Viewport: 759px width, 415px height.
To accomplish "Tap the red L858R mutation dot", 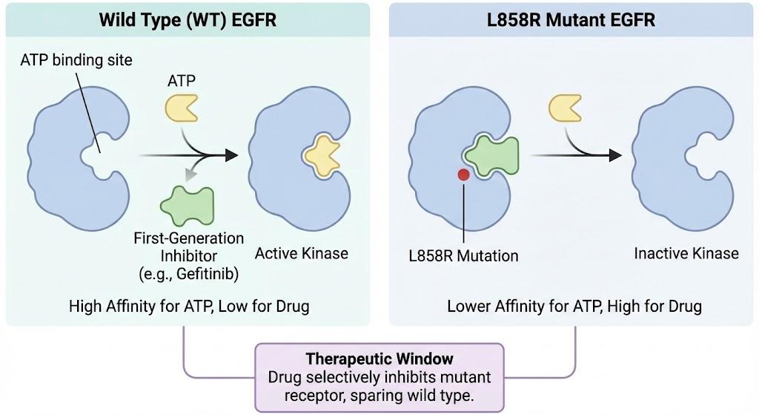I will pos(463,174).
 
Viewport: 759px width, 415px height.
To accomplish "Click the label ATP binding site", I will pos(76,60).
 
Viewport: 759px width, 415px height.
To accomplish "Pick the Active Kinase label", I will pos(302,254).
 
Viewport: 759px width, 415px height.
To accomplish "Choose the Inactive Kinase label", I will pos(686,254).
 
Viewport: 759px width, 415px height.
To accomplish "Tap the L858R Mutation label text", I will pos(463,256).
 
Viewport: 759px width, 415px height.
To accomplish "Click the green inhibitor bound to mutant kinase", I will pos(492,155).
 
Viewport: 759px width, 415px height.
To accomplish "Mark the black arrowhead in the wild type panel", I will pos(231,154).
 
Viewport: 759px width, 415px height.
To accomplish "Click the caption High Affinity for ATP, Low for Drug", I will pos(188,306).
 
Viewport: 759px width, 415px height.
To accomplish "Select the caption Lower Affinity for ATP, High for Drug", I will pos(574,306).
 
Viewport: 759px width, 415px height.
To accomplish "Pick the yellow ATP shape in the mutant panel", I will pos(566,108).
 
